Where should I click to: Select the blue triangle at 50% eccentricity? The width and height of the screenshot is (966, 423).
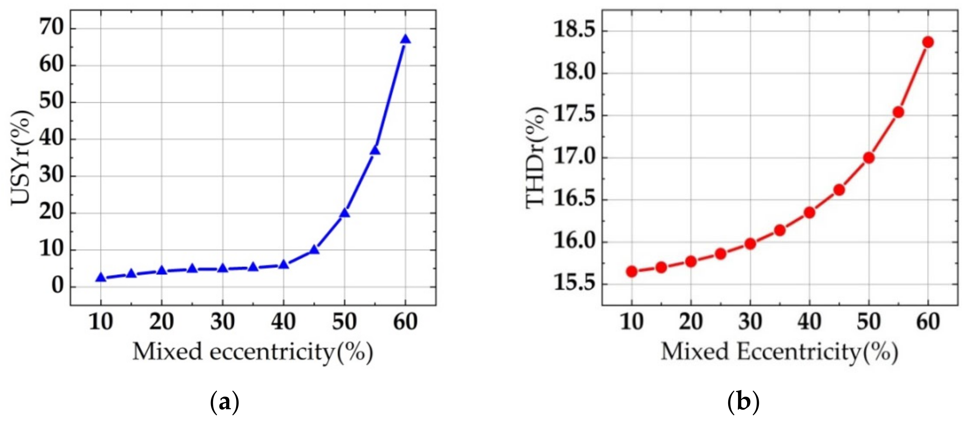tap(345, 213)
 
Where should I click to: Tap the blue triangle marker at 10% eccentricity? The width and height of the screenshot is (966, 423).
tap(100, 278)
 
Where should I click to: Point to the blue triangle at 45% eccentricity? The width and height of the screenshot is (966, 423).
tap(314, 249)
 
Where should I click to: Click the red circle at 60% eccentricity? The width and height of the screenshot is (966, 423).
tap(928, 42)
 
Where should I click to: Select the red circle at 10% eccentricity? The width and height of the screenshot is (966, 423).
tap(632, 271)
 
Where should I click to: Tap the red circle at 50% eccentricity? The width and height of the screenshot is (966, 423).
tap(869, 158)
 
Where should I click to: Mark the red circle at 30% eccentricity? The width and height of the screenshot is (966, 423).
tap(750, 244)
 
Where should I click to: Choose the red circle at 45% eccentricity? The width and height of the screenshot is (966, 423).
tap(839, 190)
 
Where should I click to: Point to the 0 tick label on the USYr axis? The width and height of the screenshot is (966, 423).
tap(58, 287)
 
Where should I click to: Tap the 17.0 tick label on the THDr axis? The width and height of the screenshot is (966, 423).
tap(575, 158)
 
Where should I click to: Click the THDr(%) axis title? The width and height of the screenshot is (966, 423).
tap(536, 158)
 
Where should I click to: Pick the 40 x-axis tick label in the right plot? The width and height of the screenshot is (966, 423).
tap(810, 322)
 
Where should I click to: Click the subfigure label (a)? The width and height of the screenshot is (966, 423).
tap(224, 402)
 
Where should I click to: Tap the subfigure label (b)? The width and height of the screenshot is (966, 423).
tap(743, 402)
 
